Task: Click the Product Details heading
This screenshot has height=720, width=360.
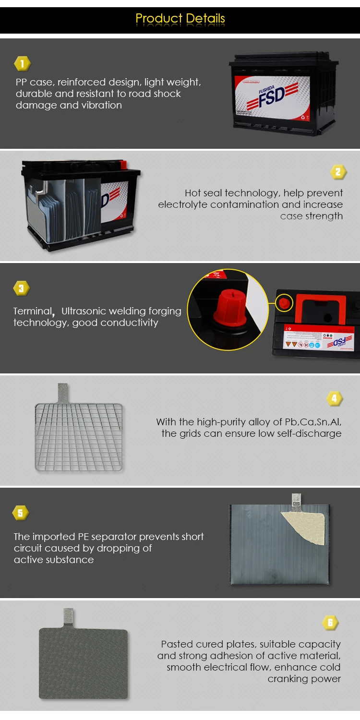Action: [x=180, y=18]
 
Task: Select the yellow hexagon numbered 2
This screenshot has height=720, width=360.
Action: [x=338, y=172]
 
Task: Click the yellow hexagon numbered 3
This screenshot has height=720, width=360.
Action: [x=21, y=288]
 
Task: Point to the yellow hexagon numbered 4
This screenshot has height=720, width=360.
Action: [x=334, y=398]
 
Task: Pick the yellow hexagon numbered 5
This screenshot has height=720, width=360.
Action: [x=20, y=513]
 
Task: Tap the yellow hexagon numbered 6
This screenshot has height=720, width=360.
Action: [x=330, y=623]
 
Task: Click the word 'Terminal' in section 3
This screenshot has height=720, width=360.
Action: [x=32, y=311]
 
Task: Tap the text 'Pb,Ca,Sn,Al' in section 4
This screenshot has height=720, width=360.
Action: [x=313, y=422]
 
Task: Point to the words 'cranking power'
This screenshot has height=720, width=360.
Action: [x=304, y=679]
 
